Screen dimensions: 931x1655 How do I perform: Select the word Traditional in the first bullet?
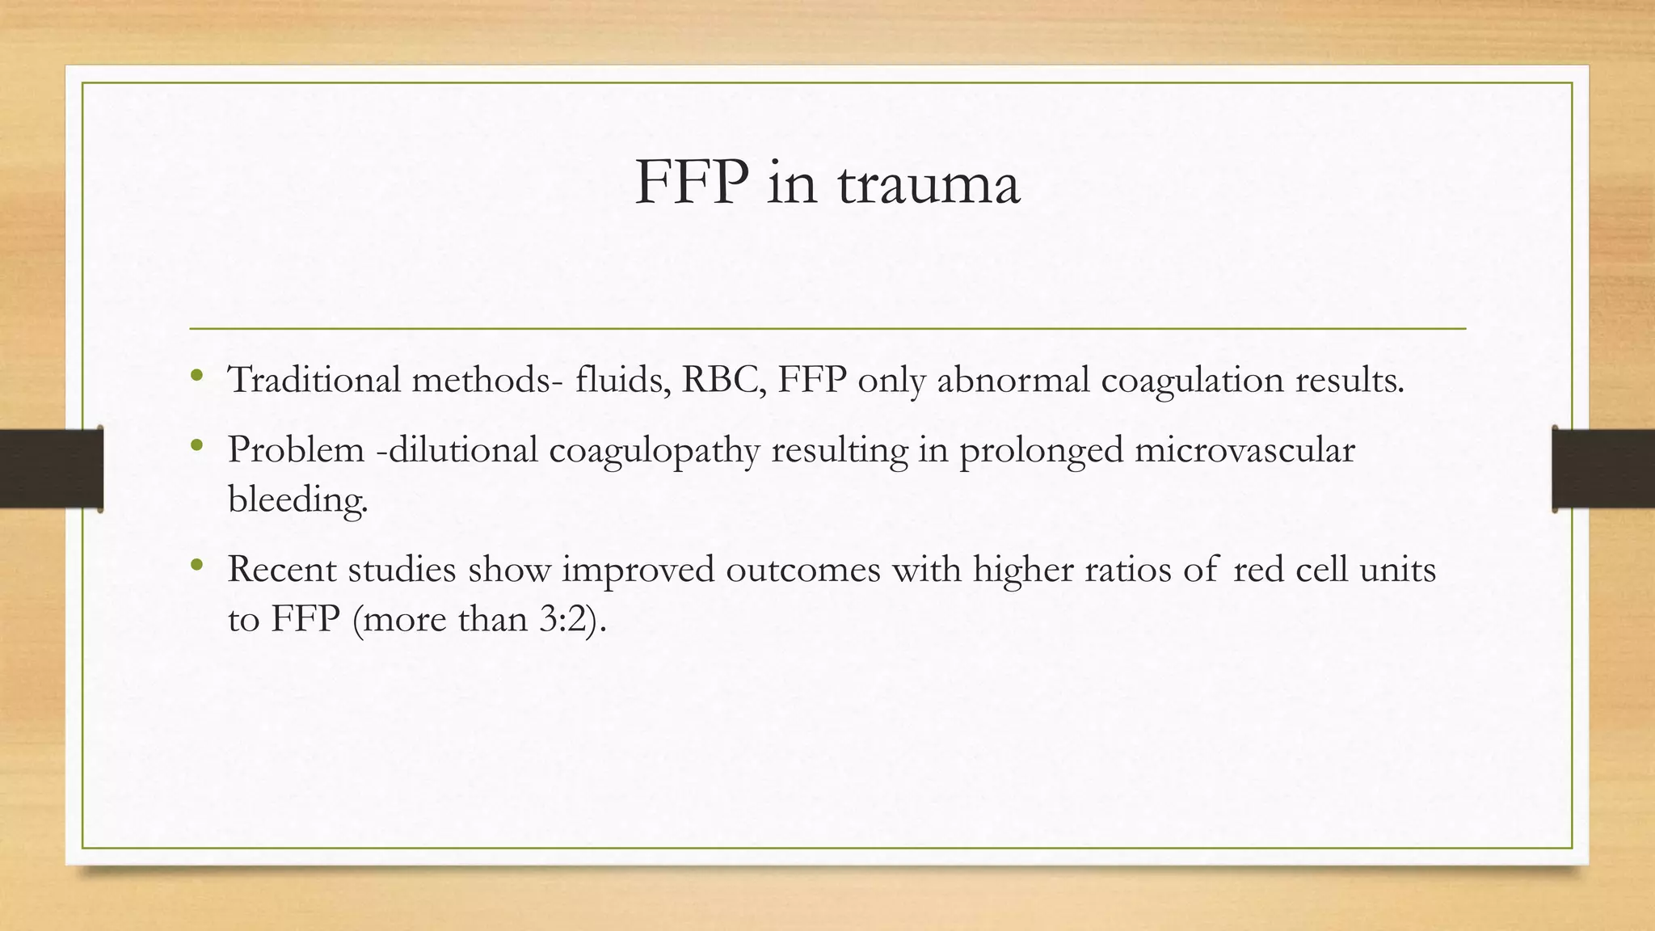(x=314, y=379)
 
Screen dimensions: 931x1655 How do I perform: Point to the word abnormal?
(x=1013, y=379)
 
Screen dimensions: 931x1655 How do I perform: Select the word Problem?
(x=296, y=450)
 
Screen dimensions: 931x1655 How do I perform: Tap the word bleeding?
(x=297, y=500)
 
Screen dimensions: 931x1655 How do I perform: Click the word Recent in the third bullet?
(x=282, y=570)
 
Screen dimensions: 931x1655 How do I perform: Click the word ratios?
(x=1127, y=570)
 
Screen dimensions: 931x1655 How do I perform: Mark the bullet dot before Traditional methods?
(x=196, y=375)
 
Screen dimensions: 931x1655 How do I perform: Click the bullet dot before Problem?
(x=196, y=445)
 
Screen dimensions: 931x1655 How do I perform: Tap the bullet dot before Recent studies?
(x=196, y=565)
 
